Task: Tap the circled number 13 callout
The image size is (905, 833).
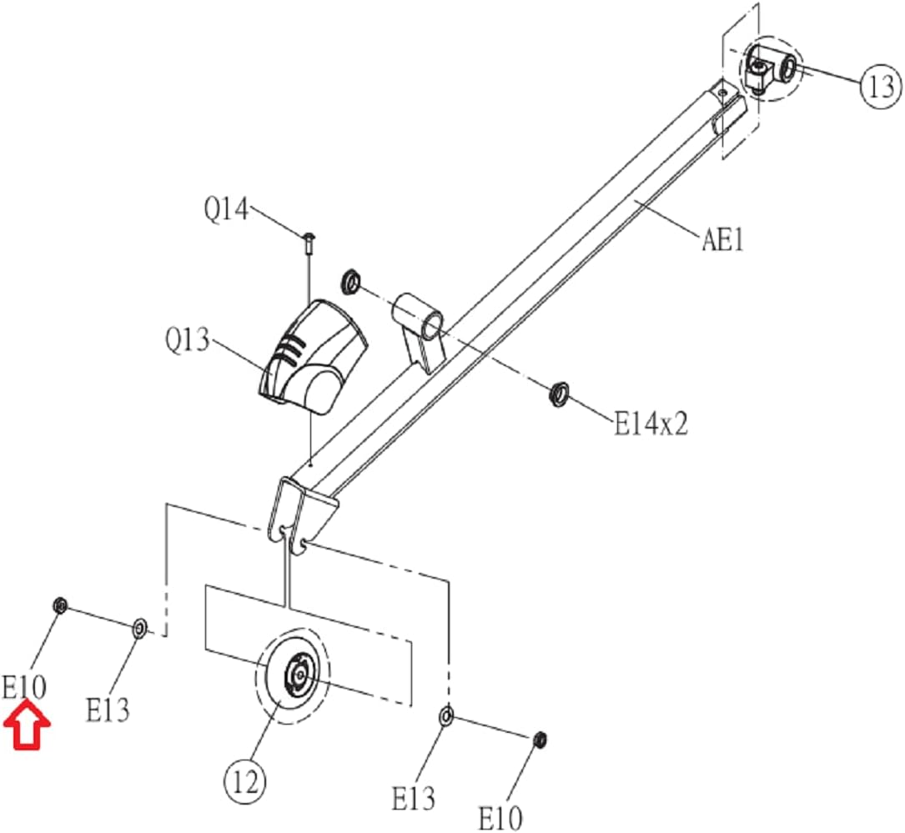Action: [x=881, y=87]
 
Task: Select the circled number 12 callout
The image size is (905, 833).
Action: [x=245, y=782]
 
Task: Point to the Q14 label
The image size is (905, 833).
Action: [x=226, y=208]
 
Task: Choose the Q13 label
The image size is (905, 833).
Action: [x=187, y=340]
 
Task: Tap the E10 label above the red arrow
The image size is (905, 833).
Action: [x=23, y=687]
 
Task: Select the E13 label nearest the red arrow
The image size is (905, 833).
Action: [x=108, y=710]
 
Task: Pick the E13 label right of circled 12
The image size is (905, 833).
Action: [x=413, y=799]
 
